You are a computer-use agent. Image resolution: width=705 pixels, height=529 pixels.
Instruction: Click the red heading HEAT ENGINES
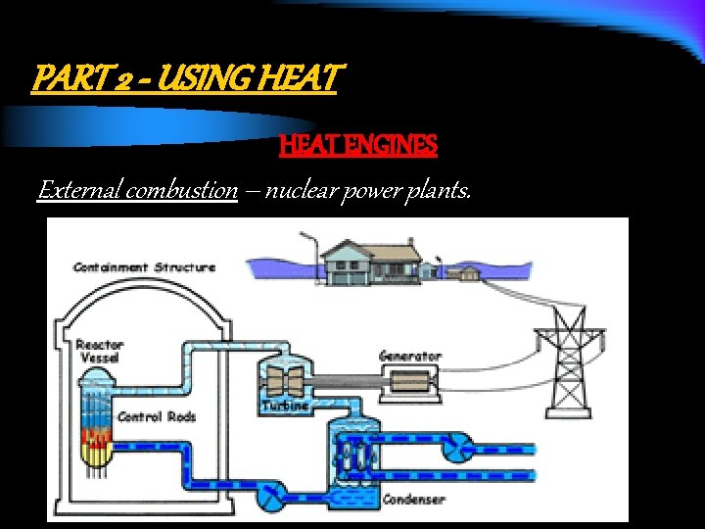[357, 146]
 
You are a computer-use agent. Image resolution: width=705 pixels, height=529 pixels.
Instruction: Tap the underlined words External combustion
[137, 190]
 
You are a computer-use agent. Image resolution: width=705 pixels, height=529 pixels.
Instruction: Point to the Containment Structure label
[144, 267]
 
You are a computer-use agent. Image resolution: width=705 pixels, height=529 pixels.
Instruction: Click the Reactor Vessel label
[100, 352]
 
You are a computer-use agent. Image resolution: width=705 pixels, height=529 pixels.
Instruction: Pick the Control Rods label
[157, 416]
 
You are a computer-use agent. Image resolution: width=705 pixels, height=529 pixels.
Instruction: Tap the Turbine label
[285, 405]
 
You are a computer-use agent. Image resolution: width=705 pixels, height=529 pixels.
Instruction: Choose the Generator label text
[410, 356]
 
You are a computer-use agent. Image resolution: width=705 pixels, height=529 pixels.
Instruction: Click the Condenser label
[413, 500]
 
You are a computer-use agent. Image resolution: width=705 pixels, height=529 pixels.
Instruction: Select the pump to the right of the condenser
[456, 447]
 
